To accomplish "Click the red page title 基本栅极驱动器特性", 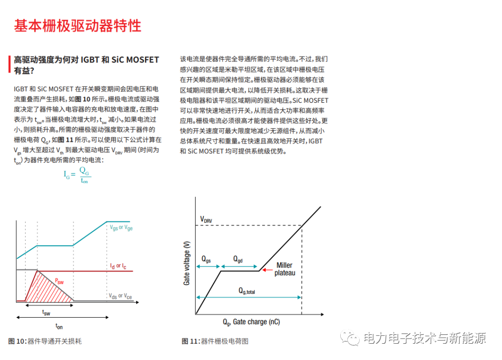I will (77, 26).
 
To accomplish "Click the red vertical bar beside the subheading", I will (9, 65).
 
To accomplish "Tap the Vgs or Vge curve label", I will (121, 228).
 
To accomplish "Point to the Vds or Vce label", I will (120, 296).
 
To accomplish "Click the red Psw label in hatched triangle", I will (59, 281).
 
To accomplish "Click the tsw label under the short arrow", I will (46, 313).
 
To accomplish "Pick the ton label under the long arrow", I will (59, 326).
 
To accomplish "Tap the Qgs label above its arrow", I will (206, 259).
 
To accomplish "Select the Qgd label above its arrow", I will (238, 259).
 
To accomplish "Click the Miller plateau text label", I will (284, 269).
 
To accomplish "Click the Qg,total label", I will (247, 291).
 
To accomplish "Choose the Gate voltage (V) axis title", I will (187, 263).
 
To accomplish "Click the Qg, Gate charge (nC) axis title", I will (251, 322).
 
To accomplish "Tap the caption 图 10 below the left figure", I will (45, 341).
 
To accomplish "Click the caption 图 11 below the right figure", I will (215, 341).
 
